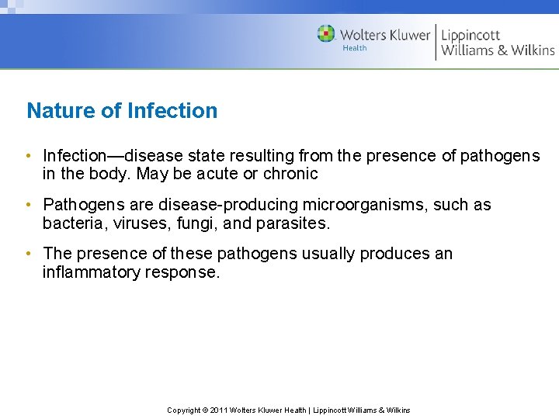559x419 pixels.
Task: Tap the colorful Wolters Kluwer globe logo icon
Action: [x=326, y=33]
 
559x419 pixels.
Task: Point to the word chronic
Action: [x=291, y=174]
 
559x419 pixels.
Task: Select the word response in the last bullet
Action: [x=182, y=272]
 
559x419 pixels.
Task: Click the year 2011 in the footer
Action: [x=217, y=410]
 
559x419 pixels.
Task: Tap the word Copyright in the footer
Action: [x=185, y=410]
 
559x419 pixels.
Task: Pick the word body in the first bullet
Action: [x=110, y=174]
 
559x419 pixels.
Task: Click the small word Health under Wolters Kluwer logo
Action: [x=355, y=48]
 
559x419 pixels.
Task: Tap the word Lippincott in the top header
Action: [x=470, y=35]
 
